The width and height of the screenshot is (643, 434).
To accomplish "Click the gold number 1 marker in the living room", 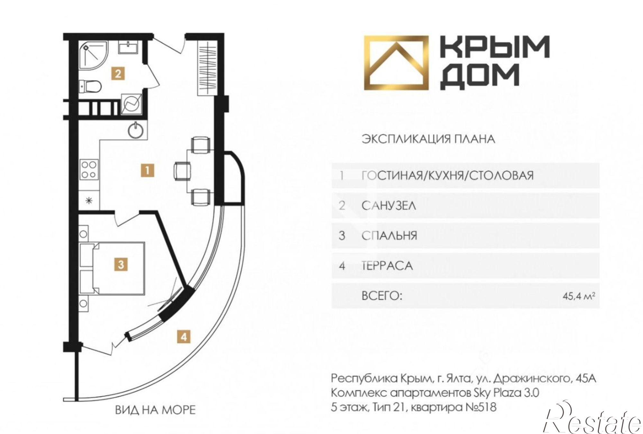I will click(x=147, y=170).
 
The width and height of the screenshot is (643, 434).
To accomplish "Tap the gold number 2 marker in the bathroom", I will click(x=118, y=74).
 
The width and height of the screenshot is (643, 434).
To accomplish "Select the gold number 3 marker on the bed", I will click(x=121, y=265).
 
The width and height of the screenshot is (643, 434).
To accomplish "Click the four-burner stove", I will click(x=89, y=170).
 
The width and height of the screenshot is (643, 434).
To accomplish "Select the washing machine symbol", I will click(x=132, y=104).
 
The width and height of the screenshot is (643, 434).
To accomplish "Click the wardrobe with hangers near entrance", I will click(x=206, y=68).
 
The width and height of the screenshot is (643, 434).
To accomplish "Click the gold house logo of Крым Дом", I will click(x=396, y=63).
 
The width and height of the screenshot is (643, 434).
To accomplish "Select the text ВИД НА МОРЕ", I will click(x=155, y=410).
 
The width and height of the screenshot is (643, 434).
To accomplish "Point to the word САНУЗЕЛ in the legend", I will click(x=389, y=205).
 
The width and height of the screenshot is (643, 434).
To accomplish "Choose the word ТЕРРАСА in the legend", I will click(x=387, y=266).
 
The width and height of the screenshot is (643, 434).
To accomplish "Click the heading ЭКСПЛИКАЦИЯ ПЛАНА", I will click(x=428, y=139).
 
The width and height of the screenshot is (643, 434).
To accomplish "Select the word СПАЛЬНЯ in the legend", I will click(x=389, y=236).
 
